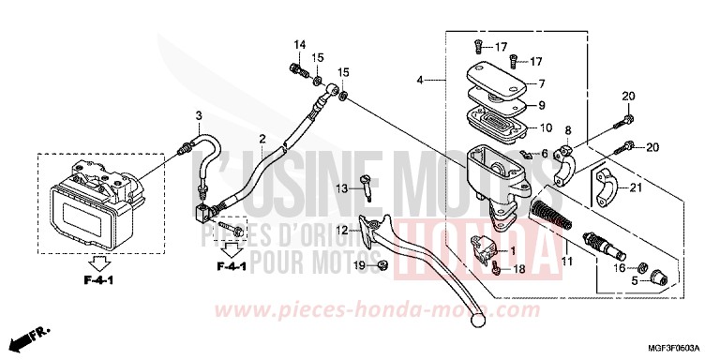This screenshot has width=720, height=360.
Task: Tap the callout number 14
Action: (299, 45)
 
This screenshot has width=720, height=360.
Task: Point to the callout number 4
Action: (422, 81)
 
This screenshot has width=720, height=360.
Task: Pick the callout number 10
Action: (546, 127)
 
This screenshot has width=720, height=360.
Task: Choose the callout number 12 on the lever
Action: (344, 229)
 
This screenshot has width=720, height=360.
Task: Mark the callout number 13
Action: (344, 188)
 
